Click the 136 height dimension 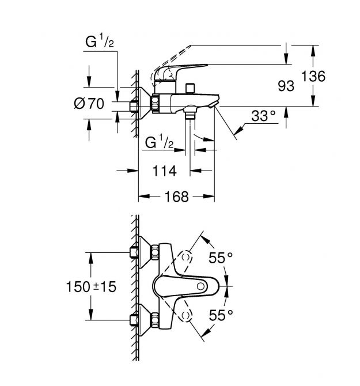(313, 76)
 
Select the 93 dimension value (286, 86)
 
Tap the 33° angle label (263, 115)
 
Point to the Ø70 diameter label (89, 103)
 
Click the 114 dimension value (164, 171)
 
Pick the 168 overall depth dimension (176, 196)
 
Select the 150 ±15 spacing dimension (91, 287)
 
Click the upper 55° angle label (221, 258)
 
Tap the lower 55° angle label (221, 315)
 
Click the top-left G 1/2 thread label (100, 41)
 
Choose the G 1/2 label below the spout (159, 142)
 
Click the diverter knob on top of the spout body (190, 88)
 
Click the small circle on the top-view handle (200, 286)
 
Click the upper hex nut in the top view (155, 252)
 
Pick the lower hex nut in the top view (155, 320)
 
